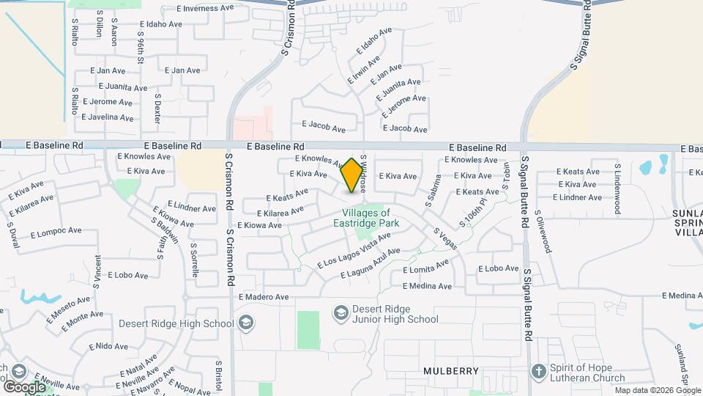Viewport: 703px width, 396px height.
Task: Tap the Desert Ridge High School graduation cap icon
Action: tap(246, 323)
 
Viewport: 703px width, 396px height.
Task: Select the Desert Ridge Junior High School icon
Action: tap(341, 314)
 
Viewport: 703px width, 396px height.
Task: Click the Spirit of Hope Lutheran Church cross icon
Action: tap(539, 372)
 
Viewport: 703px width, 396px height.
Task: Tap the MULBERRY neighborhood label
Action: tap(451, 371)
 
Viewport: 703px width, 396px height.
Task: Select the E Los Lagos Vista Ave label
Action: tap(354, 250)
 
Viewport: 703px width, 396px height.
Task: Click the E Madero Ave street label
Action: tap(264, 297)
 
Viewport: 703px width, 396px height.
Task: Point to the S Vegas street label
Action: tap(445, 238)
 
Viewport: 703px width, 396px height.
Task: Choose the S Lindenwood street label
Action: tap(618, 188)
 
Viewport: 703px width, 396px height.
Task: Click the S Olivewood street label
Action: tap(543, 234)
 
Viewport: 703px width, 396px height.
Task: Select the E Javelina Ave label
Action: tap(108, 117)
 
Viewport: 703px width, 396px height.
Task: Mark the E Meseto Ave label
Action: tap(70, 309)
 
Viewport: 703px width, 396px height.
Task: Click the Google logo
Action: tap(23, 386)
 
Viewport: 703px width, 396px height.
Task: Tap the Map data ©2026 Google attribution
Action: tap(657, 390)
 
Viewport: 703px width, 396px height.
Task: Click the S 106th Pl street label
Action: tap(472, 211)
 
